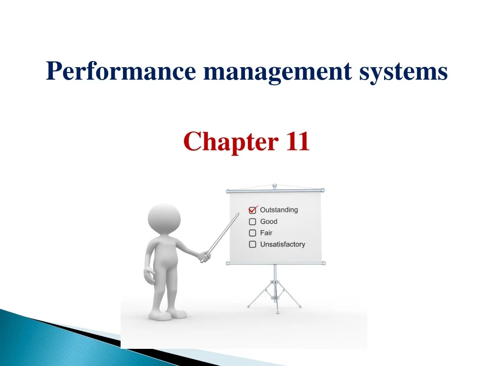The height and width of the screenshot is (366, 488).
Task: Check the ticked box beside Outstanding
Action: point(253,210)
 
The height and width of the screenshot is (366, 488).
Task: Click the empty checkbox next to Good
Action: point(253,222)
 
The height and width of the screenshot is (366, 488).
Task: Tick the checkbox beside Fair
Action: point(253,233)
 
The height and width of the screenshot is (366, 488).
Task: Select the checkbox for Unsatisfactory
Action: point(253,244)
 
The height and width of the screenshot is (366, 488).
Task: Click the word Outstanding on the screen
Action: point(279,210)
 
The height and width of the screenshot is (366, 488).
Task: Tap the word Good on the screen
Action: point(268,222)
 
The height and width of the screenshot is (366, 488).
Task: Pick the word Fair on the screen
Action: point(266,233)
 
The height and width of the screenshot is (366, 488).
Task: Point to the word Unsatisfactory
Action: point(282,244)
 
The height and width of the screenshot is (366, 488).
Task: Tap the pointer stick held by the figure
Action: point(221,236)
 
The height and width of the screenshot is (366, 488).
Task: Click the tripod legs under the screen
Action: point(274,293)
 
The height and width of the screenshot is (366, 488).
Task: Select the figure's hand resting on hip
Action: point(149,276)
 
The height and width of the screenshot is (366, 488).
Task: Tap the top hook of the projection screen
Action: point(274,186)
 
